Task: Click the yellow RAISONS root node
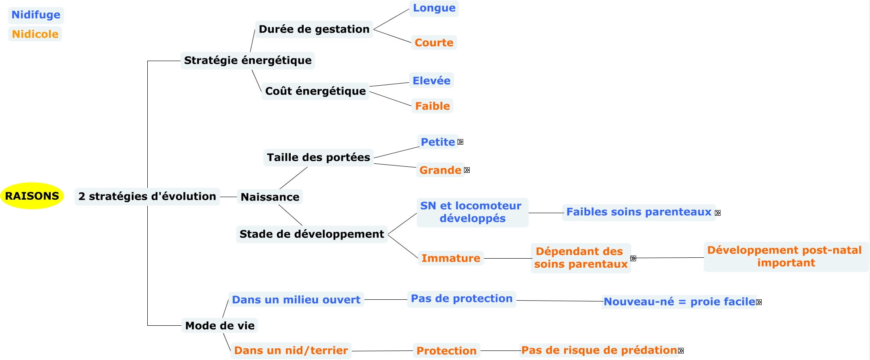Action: [32, 196]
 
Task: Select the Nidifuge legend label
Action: [36, 15]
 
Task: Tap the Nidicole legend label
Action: [35, 34]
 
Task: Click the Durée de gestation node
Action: [314, 29]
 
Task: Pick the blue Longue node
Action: [434, 8]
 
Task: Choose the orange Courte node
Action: [434, 42]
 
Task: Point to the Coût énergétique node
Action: [315, 91]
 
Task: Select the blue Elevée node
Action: [431, 81]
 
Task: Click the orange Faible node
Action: [432, 106]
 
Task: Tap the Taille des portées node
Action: [318, 157]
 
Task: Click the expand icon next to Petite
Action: [460, 142]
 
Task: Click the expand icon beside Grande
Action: [467, 170]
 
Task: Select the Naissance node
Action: [269, 197]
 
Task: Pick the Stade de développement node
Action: [312, 234]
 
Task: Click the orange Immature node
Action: [451, 258]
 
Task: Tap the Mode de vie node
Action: [220, 325]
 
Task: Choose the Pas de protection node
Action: [461, 298]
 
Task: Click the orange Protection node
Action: [446, 351]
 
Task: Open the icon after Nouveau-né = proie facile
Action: [759, 302]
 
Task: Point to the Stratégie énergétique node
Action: [247, 60]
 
